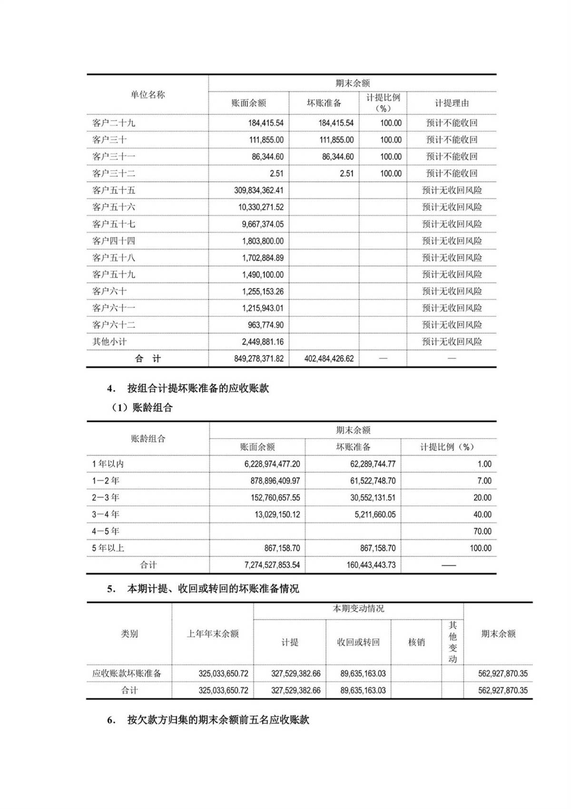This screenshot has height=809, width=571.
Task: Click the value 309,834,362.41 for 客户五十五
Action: coord(258,190)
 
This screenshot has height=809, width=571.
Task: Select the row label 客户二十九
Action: coord(114,123)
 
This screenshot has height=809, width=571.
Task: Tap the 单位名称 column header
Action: coord(148,95)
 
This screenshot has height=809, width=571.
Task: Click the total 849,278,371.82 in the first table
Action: coord(258,359)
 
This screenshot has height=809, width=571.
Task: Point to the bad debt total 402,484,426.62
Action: coord(329,359)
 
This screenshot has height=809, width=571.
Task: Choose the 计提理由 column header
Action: coord(452,103)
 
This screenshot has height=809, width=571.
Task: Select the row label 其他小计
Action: coord(109,341)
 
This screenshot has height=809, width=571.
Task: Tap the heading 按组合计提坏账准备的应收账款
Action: coord(198,388)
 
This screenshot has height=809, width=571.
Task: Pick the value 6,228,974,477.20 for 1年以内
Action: coord(272,464)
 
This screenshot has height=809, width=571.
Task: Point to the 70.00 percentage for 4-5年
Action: coord(482,531)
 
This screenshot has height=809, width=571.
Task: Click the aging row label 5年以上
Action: coord(108,548)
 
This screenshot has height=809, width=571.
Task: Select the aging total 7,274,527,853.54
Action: coord(272,565)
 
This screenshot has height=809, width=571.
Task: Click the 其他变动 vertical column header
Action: coord(453,642)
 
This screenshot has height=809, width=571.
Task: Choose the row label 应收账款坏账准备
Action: coord(127,673)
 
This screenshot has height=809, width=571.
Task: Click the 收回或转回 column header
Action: coord(358,642)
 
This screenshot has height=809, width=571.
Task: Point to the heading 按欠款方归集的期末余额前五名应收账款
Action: coord(218,720)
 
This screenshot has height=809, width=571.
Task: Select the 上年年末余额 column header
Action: coord(212,634)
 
